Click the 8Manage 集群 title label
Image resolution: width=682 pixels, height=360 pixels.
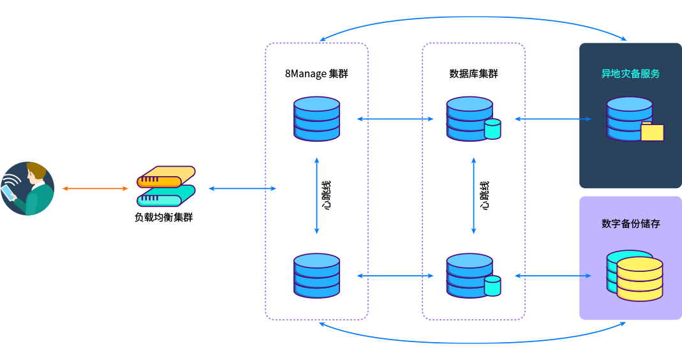[316, 74]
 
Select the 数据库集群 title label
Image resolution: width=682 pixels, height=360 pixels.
[473, 74]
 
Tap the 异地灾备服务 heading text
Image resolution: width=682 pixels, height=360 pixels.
[630, 74]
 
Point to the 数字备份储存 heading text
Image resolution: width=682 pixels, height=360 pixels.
[630, 224]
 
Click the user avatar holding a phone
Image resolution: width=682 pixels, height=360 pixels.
[27, 188]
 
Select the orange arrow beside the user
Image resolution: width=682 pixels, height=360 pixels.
[95, 188]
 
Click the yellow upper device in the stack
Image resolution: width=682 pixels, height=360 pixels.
[166, 177]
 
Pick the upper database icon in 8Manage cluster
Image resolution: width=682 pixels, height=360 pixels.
[316, 119]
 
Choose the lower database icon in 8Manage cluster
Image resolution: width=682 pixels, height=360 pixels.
[316, 275]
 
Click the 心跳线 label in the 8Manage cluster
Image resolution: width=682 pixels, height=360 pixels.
[326, 197]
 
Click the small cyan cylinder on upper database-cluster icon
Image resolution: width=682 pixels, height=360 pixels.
[493, 129]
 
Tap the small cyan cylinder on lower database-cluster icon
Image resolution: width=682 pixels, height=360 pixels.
[493, 285]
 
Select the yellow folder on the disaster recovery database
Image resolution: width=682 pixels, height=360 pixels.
[652, 131]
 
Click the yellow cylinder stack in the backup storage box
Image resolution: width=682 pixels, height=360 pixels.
[639, 279]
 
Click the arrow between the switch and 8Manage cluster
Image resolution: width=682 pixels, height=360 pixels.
[242, 188]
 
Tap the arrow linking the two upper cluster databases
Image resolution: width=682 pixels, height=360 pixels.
[395, 119]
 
